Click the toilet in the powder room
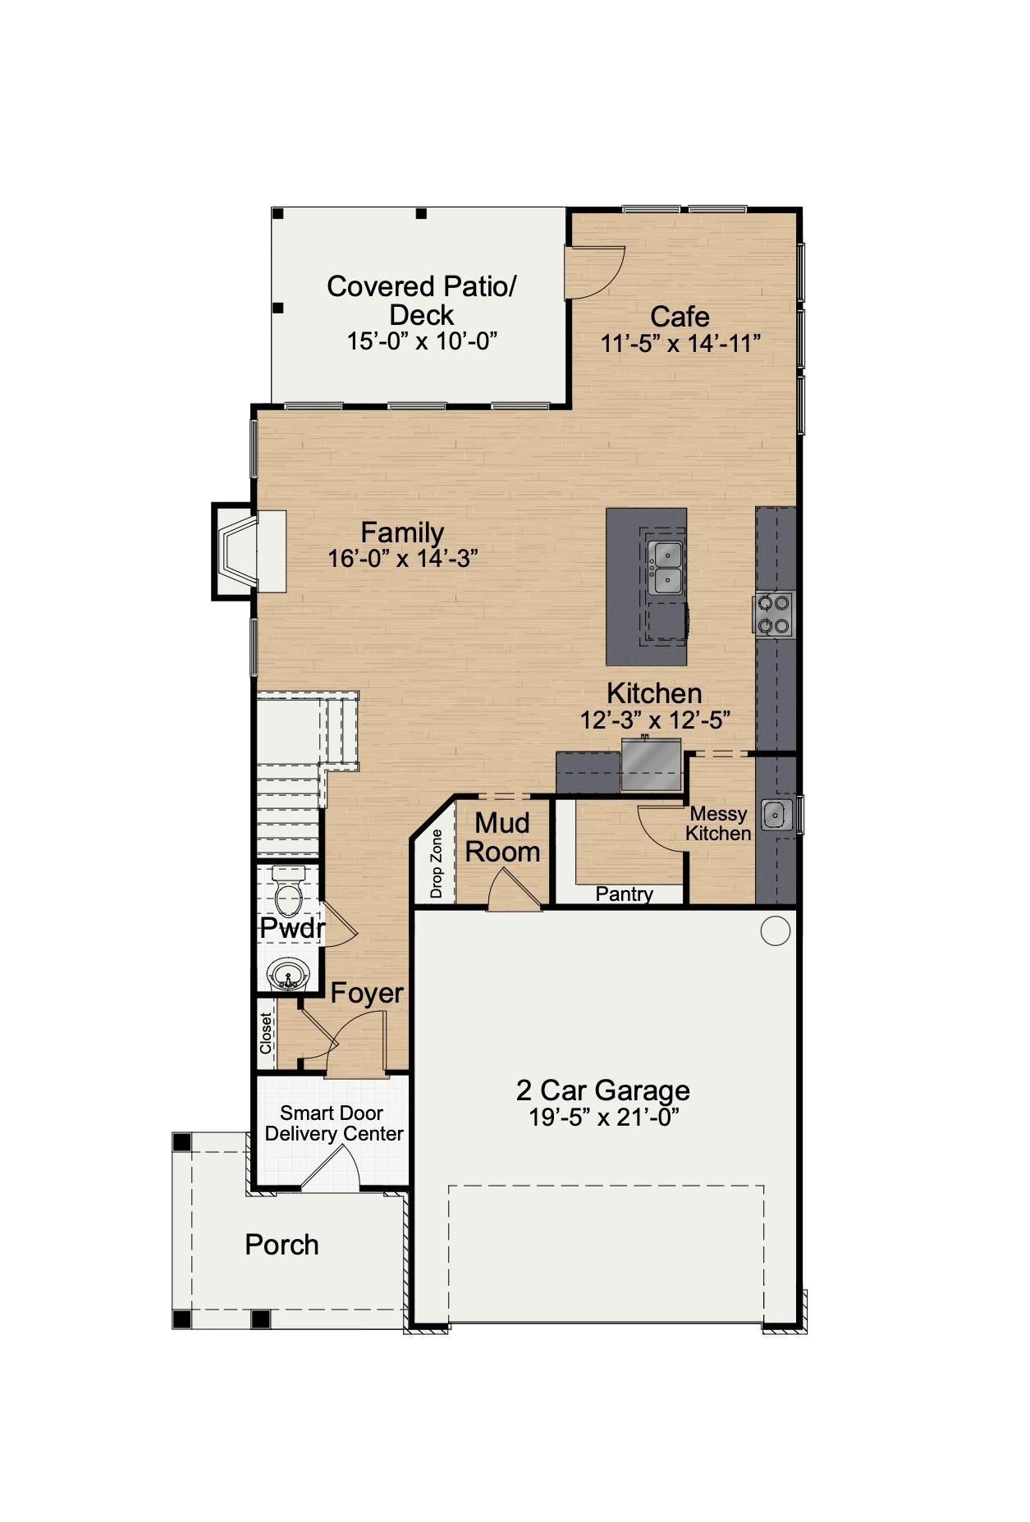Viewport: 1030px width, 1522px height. pyautogui.click(x=288, y=895)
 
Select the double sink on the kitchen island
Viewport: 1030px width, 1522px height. pyautogui.click(x=665, y=568)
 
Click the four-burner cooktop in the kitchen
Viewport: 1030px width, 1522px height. pyautogui.click(x=773, y=614)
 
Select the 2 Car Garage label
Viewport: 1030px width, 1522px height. pyautogui.click(x=602, y=1090)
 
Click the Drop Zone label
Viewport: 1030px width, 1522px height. pyautogui.click(x=437, y=863)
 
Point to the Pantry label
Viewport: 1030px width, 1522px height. pyautogui.click(x=624, y=894)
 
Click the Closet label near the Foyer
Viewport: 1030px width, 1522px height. pyautogui.click(x=266, y=1033)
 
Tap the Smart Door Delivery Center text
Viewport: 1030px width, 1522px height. pyautogui.click(x=333, y=1123)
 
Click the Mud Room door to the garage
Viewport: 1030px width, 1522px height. pyautogui.click(x=513, y=889)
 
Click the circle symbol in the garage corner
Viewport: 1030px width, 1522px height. pyautogui.click(x=775, y=930)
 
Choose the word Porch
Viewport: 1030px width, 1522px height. pyautogui.click(x=282, y=1245)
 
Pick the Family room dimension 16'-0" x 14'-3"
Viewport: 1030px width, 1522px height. pyautogui.click(x=402, y=559)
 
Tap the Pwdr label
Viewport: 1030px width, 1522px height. pyautogui.click(x=292, y=929)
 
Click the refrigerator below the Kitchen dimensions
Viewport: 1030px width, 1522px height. pyautogui.click(x=651, y=765)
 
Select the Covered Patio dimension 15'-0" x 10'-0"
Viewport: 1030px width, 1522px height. pyautogui.click(x=422, y=341)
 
